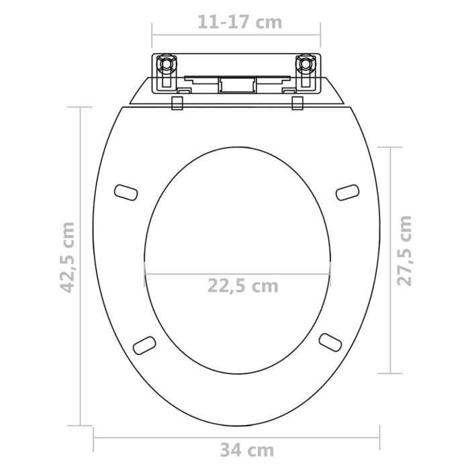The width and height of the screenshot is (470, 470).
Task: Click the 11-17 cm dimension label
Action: pyautogui.click(x=239, y=21)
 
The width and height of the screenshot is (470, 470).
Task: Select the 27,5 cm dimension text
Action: pyautogui.click(x=404, y=250)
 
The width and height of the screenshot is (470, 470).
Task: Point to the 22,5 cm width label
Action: pyautogui.click(x=242, y=286)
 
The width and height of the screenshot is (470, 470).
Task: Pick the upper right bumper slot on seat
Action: pyautogui.click(x=347, y=192)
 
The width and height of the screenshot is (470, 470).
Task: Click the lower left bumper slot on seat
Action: pyautogui.click(x=144, y=344)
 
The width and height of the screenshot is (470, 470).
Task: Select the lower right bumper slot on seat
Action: pyautogui.click(x=329, y=341)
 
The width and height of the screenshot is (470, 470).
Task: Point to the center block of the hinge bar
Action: pyautogui.click(x=236, y=85)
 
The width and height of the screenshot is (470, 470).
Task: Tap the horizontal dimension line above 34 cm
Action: pyautogui.click(x=168, y=437)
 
